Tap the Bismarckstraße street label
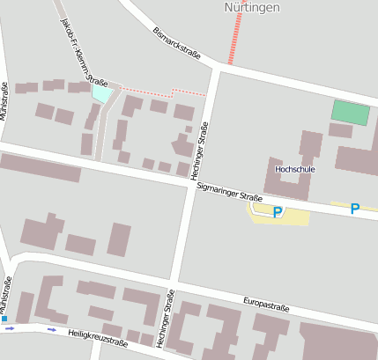[176, 43]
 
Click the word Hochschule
[294, 168]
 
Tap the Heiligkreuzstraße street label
[98, 338]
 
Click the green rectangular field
[350, 113]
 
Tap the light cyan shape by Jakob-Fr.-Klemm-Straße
[102, 92]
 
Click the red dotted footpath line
[167, 91]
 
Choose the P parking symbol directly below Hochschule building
[278, 213]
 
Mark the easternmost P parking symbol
[355, 209]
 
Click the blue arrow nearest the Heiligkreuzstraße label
[51, 330]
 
